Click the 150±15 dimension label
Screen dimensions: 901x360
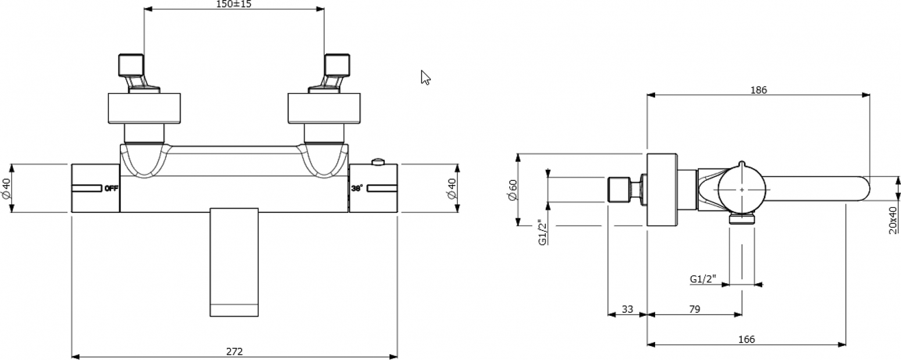pyautogui.click(x=234, y=4)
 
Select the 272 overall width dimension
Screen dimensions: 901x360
pyautogui.click(x=234, y=351)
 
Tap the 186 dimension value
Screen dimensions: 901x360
pyautogui.click(x=759, y=90)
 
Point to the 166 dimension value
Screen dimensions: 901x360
pyautogui.click(x=746, y=340)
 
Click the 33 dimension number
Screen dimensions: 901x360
pyautogui.click(x=627, y=309)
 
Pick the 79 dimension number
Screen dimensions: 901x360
pyautogui.click(x=695, y=309)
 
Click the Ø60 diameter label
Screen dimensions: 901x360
pyautogui.click(x=513, y=190)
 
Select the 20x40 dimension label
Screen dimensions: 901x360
pyautogui.click(x=893, y=220)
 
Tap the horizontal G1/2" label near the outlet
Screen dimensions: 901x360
pyautogui.click(x=703, y=279)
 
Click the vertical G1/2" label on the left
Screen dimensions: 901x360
pyautogui.click(x=542, y=232)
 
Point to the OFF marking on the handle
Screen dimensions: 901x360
pyautogui.click(x=111, y=188)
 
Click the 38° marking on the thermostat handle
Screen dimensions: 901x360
pyautogui.click(x=357, y=188)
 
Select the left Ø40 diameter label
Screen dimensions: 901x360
pyautogui.click(x=6, y=188)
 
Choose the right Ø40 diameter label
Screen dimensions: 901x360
pyautogui.click(x=452, y=188)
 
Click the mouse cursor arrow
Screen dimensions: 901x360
pyautogui.click(x=425, y=77)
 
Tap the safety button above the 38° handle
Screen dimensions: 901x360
pyautogui.click(x=378, y=162)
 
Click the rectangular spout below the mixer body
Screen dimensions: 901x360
pyautogui.click(x=234, y=262)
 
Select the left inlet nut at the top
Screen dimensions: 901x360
pyautogui.click(x=131, y=65)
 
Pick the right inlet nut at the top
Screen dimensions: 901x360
pyautogui.click(x=337, y=65)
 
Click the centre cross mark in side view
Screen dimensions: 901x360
pyautogui.click(x=742, y=190)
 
